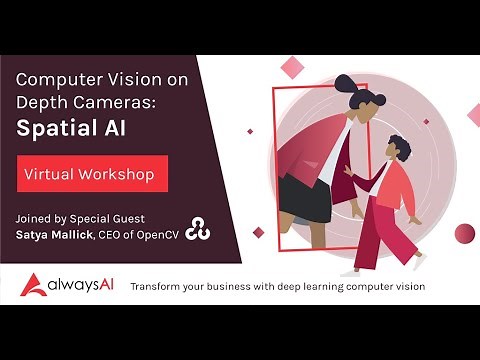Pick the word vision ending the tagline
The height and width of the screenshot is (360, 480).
point(409,287)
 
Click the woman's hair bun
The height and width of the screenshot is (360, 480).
point(345,86)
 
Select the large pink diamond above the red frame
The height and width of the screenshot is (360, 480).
point(293,67)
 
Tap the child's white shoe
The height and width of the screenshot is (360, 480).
point(420,261)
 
